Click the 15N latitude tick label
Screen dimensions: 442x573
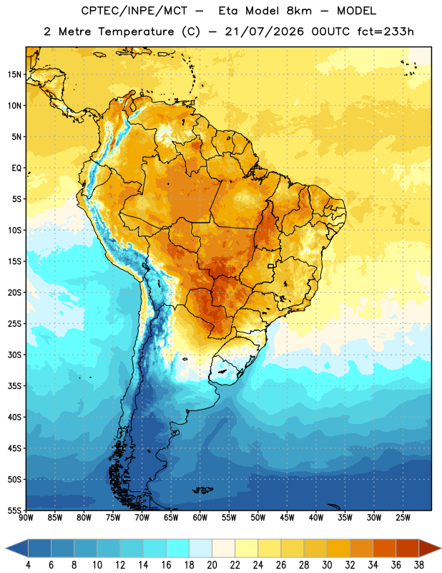[14, 74]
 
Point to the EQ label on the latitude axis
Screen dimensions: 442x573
[16, 168]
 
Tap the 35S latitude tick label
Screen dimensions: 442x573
[14, 386]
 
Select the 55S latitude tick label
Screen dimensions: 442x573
[14, 510]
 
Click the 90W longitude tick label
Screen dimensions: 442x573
[26, 518]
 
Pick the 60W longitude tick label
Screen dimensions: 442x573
[200, 518]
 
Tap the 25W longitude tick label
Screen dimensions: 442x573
[403, 518]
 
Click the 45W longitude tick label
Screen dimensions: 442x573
[287, 518]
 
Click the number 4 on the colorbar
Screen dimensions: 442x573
[28, 565]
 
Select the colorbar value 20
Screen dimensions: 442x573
[212, 565]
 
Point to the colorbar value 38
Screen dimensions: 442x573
[419, 565]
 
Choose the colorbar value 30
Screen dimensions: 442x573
[327, 565]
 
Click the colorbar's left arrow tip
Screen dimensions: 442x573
[6, 548]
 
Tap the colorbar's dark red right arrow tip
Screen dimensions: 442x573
[441, 548]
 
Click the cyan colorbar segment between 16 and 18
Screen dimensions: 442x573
[177, 548]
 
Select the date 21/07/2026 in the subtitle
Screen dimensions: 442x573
[264, 32]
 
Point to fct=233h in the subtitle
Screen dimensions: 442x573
[385, 32]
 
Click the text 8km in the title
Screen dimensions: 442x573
[299, 11]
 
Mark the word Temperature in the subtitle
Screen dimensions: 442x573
[136, 32]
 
